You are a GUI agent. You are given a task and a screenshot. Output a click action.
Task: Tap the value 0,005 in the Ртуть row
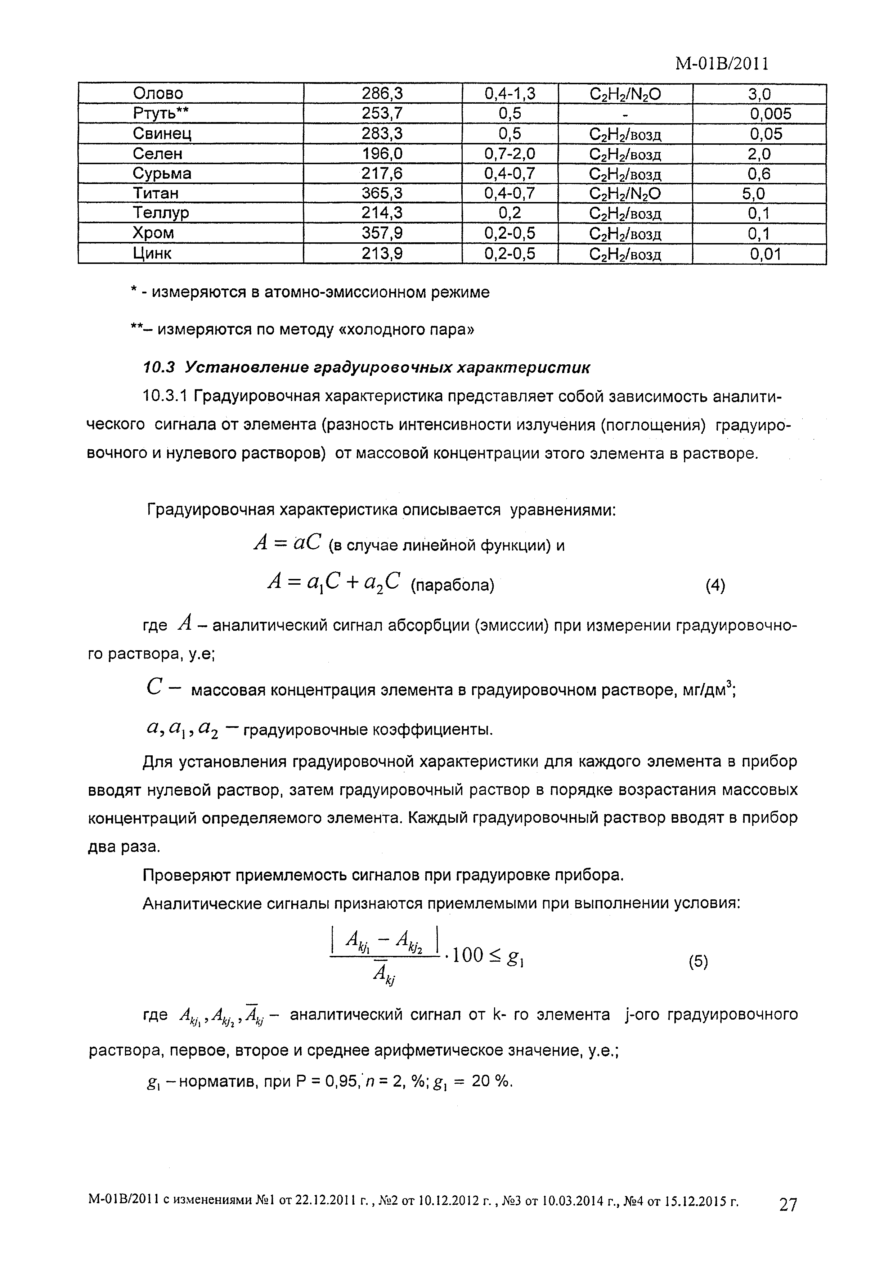tap(770, 114)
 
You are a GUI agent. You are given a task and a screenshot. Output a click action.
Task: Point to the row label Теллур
tap(161, 213)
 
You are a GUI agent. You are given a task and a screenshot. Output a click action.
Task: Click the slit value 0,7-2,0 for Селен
tap(510, 153)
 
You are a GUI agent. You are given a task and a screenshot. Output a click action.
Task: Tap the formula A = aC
tap(287, 544)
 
